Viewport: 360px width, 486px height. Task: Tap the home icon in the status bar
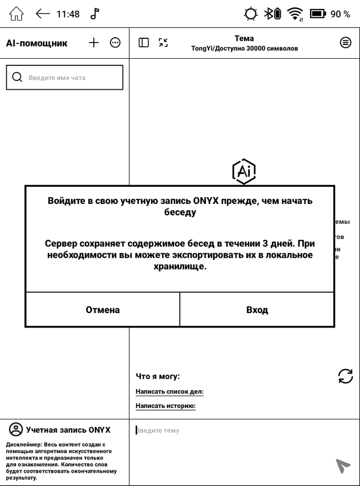point(17,14)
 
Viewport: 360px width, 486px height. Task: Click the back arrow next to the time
point(43,14)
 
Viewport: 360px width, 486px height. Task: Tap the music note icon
point(95,14)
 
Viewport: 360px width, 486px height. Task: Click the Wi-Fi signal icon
point(295,14)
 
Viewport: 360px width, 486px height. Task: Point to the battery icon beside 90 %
point(317,14)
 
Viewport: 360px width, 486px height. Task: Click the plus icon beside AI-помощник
point(94,43)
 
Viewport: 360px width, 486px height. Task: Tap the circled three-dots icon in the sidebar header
point(115,43)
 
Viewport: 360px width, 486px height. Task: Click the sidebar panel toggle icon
point(144,43)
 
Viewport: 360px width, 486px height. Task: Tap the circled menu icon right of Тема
point(346,43)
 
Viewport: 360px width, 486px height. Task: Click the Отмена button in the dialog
point(103,310)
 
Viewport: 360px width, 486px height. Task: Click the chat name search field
point(64,78)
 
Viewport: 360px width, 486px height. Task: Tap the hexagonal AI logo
point(244,171)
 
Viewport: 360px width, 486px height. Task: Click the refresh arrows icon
point(345,376)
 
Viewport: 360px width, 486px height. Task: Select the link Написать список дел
point(169,392)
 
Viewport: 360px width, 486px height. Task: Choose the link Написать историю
point(165,406)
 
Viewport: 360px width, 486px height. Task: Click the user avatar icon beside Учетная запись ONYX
point(16,429)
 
